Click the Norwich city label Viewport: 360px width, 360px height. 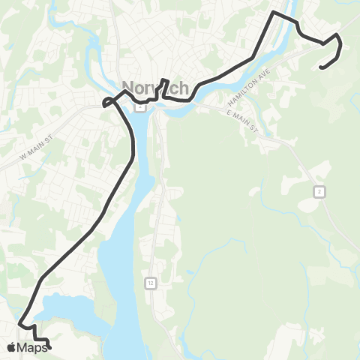pos(155,88)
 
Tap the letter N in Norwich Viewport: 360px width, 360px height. pos(128,88)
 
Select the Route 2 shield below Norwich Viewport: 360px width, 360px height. pos(139,106)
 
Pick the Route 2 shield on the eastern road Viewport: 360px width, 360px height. pos(319,193)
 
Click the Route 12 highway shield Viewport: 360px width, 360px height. pos(151,283)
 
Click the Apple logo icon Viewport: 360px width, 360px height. pos(11,347)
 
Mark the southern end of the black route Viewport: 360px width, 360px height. pos(49,347)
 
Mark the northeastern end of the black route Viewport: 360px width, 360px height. pos(321,68)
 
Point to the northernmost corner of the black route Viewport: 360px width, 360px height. pos(274,13)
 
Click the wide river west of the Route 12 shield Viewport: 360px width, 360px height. pos(120,277)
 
